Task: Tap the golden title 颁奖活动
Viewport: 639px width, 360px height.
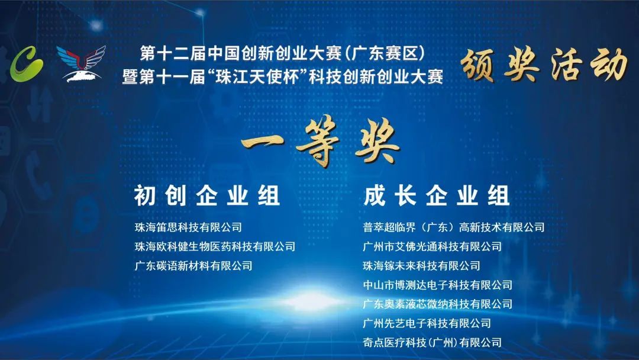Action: coord(544,65)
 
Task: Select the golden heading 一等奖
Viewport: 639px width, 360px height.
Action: coord(320,142)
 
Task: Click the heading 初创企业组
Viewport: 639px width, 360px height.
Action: coord(207,196)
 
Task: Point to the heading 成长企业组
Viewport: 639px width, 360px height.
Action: coord(437,196)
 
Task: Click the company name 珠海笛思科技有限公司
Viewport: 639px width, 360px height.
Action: coord(188,227)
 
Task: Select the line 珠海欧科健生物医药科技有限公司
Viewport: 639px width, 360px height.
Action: coord(215,247)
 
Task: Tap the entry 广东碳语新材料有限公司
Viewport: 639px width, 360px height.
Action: coord(193,266)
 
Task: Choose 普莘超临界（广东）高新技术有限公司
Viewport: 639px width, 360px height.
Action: coord(454,227)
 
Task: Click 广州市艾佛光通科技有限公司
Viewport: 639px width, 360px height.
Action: coord(433,247)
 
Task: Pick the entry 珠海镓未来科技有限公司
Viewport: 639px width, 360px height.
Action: coord(421,266)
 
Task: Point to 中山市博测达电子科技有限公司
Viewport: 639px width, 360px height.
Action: coord(438,285)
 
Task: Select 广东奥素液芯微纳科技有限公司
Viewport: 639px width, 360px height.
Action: coord(438,304)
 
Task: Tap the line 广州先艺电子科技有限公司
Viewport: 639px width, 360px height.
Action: coord(427,323)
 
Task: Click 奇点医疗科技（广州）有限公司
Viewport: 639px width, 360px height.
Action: coord(433,342)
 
